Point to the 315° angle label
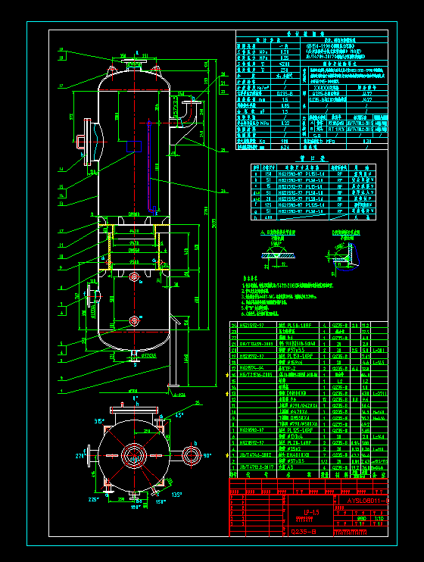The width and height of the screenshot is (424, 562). pyautogui.click(x=98, y=420)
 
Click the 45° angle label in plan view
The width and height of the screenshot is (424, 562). pyautogui.click(x=178, y=416)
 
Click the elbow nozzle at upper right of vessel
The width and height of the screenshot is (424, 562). pyautogui.click(x=185, y=111)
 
